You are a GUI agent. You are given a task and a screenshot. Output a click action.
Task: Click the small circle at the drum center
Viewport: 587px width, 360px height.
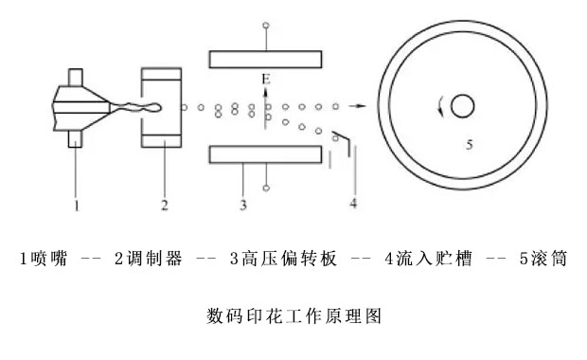pyautogui.click(x=462, y=106)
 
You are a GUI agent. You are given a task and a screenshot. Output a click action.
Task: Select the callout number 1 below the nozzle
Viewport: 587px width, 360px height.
pyautogui.click(x=77, y=203)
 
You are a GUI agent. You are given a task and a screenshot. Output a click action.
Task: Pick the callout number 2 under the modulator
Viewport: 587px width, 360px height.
pyautogui.click(x=164, y=203)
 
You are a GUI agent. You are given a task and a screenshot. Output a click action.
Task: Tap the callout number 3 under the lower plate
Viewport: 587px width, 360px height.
pyautogui.click(x=243, y=203)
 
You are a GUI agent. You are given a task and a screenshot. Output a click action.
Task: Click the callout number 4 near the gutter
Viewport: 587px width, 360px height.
pyautogui.click(x=353, y=203)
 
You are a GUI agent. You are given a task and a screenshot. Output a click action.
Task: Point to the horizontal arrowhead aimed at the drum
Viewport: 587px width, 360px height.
pyautogui.click(x=361, y=106)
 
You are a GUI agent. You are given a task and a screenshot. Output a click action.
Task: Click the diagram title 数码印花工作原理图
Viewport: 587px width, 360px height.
pyautogui.click(x=293, y=315)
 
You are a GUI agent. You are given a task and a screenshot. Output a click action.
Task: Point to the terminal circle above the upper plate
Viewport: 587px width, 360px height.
pyautogui.click(x=267, y=26)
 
